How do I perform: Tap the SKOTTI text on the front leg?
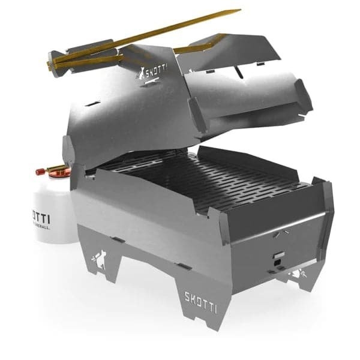pyautogui.click(x=201, y=297)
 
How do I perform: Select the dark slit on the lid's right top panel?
pyautogui.click(x=241, y=74)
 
